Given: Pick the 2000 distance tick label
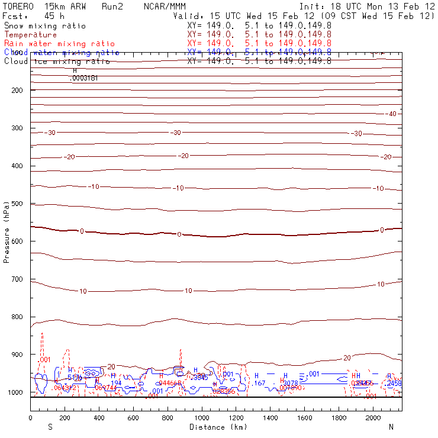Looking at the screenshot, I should [373, 418].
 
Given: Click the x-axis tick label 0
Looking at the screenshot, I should [31, 418].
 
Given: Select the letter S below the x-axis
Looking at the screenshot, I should [50, 427].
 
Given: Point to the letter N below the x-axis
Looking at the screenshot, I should [391, 427].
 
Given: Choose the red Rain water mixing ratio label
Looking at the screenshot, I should [59, 44].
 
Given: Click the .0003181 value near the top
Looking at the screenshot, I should [83, 78].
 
